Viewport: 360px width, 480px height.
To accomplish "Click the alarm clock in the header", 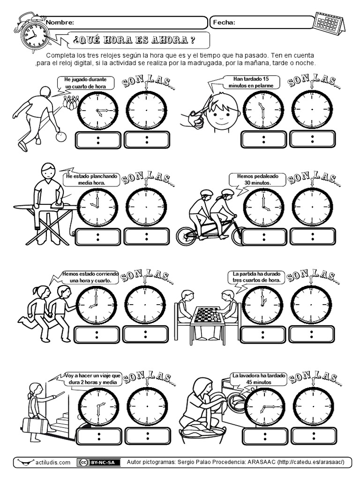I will (33, 33).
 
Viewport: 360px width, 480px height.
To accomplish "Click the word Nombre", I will (60, 22).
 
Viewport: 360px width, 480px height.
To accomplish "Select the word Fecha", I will (224, 22).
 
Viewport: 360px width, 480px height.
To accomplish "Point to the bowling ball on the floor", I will (63, 137).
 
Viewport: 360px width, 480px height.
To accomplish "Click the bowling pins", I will (70, 103).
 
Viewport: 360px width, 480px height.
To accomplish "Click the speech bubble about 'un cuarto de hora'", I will (82, 83).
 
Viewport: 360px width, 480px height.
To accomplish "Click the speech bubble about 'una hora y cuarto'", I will (90, 277).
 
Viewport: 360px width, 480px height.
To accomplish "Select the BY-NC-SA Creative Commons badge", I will (98, 463).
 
